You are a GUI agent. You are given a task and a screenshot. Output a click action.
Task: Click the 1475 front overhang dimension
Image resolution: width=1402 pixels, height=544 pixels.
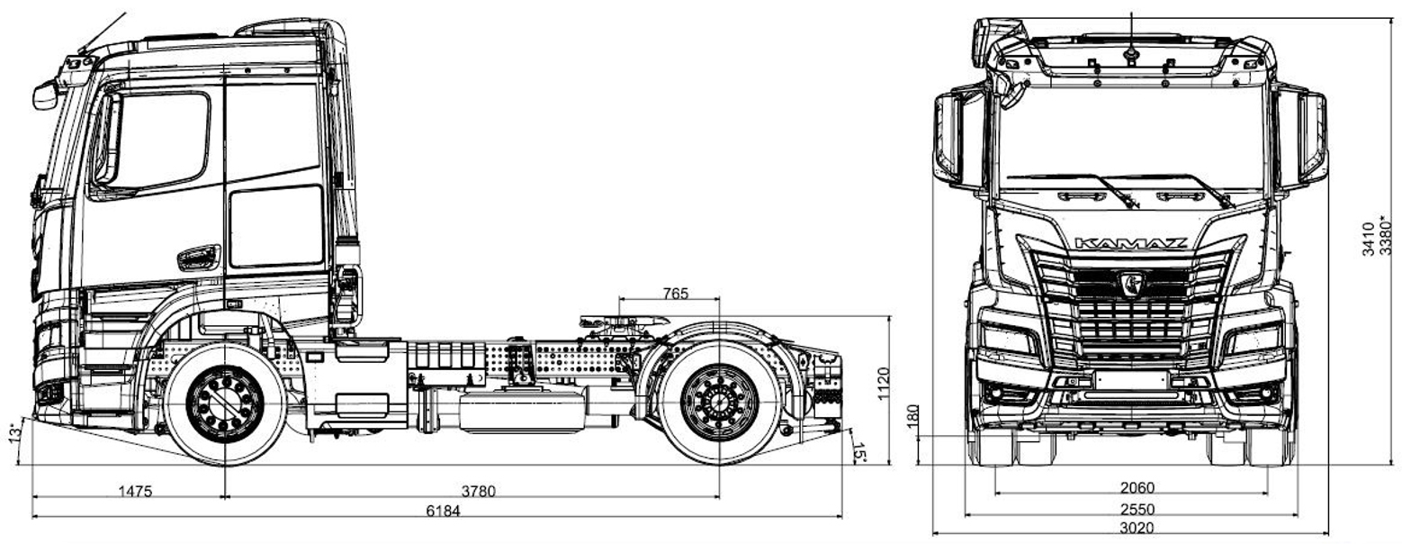(x=135, y=491)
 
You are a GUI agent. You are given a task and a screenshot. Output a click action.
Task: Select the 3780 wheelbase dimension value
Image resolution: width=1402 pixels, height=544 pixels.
(x=479, y=491)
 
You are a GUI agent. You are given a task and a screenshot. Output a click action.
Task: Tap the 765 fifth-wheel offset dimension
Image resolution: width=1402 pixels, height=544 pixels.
(x=675, y=293)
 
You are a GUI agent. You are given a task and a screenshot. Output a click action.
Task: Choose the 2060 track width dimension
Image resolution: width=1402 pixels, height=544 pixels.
(x=1137, y=488)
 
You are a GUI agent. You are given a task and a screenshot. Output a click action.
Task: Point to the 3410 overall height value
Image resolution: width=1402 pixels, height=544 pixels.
(x=1368, y=239)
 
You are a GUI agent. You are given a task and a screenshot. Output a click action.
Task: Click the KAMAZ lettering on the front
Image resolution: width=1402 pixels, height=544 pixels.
(x=1131, y=243)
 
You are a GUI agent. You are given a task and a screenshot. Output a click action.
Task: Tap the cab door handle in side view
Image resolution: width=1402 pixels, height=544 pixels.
(x=199, y=258)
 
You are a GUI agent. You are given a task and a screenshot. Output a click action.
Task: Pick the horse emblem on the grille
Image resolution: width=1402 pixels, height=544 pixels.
(x=1131, y=283)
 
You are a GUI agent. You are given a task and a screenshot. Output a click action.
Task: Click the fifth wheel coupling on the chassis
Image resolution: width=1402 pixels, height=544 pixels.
(x=621, y=322)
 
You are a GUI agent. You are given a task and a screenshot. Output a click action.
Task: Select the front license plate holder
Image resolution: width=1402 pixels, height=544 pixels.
(x=1131, y=381)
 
